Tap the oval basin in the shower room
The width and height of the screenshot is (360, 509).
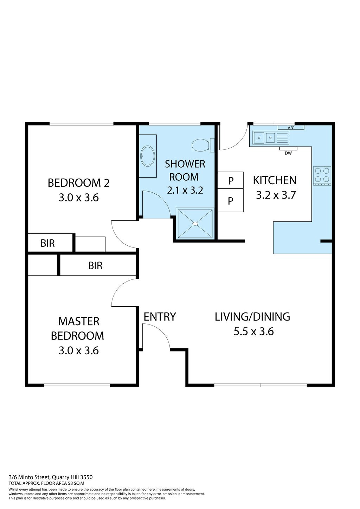coord(148,156)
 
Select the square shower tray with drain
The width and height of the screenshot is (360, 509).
coord(195,224)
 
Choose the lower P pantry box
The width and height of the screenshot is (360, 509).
coord(231,200)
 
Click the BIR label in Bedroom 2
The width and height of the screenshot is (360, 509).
coord(48,243)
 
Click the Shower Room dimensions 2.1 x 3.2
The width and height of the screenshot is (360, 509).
coord(185,190)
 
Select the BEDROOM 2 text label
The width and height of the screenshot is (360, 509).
coord(79,183)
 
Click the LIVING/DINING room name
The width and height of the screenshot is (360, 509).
coord(252,317)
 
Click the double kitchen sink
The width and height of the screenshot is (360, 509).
coord(264,138)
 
